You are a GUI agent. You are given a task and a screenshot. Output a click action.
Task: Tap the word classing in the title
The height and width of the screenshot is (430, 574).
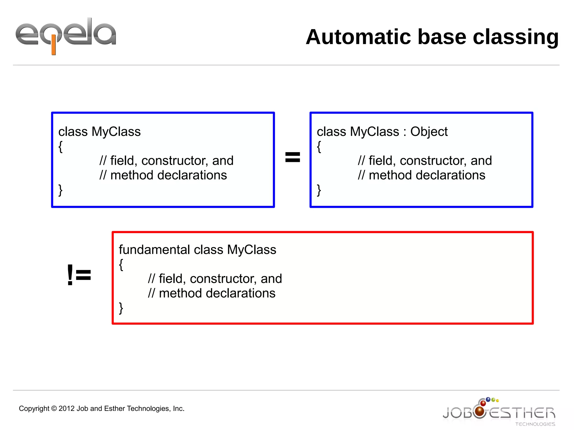516,37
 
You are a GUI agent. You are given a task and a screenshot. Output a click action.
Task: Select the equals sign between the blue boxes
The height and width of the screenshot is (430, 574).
292,157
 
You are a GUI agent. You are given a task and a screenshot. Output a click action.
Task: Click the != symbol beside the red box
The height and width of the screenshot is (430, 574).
79,275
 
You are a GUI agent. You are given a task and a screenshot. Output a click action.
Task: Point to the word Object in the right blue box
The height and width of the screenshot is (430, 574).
429,132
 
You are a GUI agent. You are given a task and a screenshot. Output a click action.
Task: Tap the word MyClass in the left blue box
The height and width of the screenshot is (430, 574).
116,132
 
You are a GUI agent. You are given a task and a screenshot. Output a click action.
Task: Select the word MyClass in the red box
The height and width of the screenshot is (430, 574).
251,250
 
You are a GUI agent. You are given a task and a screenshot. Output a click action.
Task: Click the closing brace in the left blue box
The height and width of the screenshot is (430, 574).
60,190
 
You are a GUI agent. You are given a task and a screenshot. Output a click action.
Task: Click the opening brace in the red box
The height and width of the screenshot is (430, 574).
121,264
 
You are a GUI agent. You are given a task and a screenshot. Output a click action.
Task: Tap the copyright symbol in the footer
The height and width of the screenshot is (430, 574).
54,409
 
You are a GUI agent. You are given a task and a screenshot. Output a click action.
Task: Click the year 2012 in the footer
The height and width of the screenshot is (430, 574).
66,409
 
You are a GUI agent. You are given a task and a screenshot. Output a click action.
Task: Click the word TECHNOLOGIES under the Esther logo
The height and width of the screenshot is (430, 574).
535,424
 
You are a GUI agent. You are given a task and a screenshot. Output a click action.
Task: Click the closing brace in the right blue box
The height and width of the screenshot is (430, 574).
319,190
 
